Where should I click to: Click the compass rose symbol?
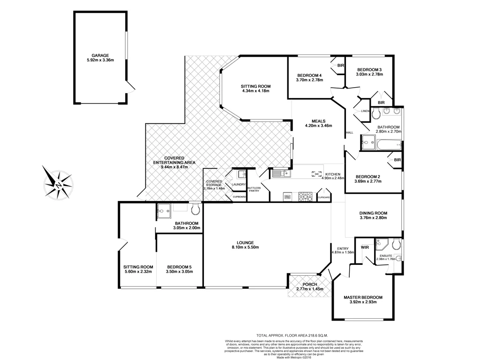pos(58,184)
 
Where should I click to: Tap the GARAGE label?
pos(100,55)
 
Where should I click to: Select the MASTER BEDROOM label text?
pos(363,297)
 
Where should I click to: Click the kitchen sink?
pos(281,174)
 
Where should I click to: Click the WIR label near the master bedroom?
pos(365,247)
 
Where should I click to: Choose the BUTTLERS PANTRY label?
pos(254,189)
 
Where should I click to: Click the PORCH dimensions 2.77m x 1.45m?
pos(310,289)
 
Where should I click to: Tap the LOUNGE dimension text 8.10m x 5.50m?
pos(245,247)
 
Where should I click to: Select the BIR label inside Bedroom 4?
pos(340,65)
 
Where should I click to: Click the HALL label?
pos(349,133)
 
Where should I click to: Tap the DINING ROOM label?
pos(373,212)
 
